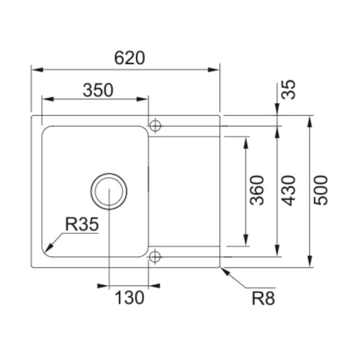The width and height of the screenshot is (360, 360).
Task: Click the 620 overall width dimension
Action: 130,58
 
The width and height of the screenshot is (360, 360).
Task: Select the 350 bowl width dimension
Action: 98,90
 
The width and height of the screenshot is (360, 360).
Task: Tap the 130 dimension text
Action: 129,298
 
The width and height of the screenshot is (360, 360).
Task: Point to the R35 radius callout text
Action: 82,224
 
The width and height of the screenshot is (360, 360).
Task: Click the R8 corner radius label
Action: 263,298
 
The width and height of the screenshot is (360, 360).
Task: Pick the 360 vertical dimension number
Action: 257,190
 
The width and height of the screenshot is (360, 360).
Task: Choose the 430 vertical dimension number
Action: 289,190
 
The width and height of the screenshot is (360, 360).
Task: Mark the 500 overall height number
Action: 321,190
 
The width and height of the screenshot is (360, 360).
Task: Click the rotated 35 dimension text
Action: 289,89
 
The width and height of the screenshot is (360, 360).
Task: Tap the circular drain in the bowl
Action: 109,191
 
